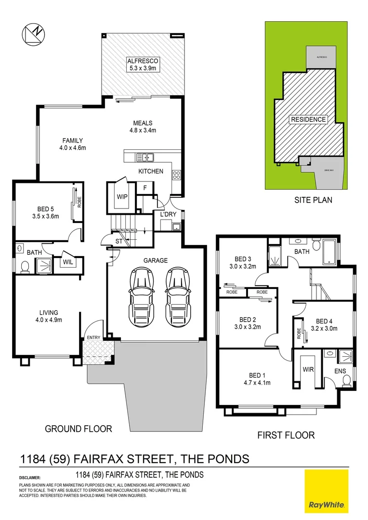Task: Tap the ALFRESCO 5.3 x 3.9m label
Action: pos(143,65)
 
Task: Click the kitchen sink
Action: pos(145,157)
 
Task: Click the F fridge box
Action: pos(145,188)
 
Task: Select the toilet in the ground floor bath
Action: pos(24,265)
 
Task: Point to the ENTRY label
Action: pos(93,338)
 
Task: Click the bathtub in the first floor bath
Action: pos(331,251)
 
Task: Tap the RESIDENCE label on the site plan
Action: pos(308,119)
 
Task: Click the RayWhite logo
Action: pos(326,491)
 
